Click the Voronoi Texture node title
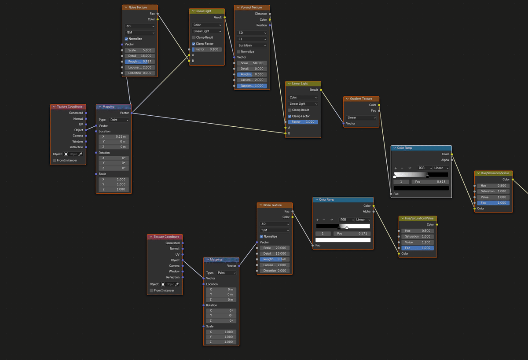click(251, 7)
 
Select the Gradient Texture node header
click(361, 99)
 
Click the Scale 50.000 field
click(252, 63)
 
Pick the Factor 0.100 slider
click(207, 49)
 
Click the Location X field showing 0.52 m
click(114, 136)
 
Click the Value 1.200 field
click(418, 242)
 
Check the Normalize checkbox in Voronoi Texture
click(239, 51)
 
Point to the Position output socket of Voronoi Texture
click(270, 25)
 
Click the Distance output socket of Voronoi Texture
click(270, 14)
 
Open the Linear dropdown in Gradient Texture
click(361, 118)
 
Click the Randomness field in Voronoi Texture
click(252, 86)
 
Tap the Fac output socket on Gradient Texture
click(379, 110)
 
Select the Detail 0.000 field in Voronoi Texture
click(252, 69)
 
